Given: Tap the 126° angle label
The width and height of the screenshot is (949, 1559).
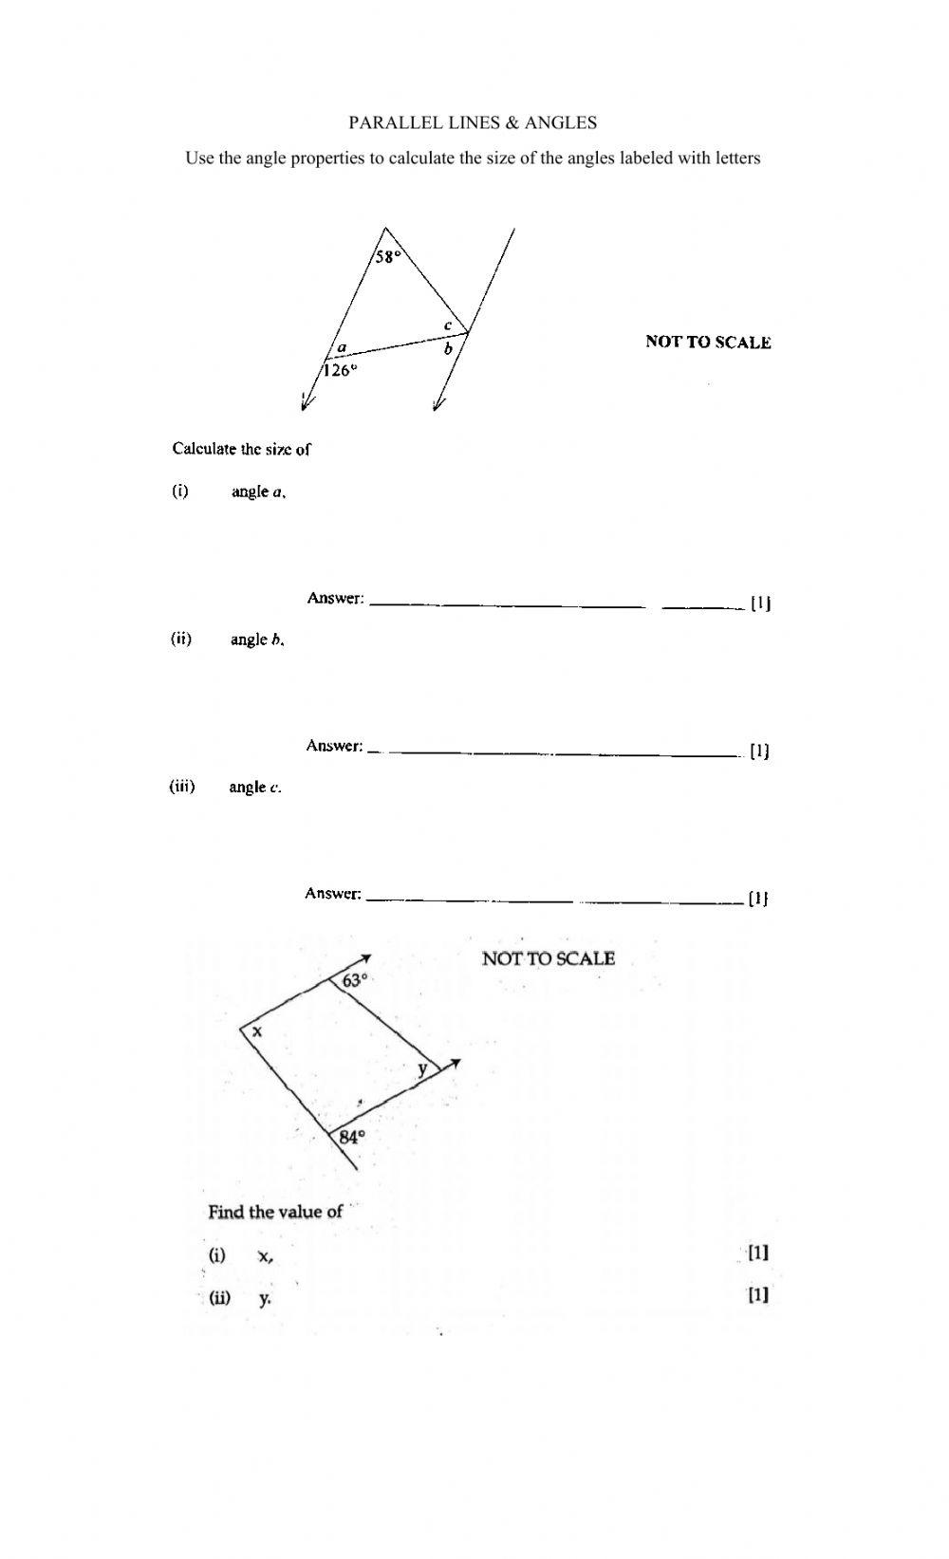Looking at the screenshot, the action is pos(340,371).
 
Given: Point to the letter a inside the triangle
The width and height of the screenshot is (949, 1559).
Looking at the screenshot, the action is pos(342,348).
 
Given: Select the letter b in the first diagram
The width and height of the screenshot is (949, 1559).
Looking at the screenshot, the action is pos(449,350).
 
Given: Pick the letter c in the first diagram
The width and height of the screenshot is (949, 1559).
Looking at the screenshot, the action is pos(448,325).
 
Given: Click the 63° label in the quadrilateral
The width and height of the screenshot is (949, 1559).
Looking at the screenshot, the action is pos(354,980).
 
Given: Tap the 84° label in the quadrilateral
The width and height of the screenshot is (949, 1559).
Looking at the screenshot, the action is pos(351,1136).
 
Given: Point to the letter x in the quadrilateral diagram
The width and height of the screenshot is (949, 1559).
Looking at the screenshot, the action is pos(257,1031).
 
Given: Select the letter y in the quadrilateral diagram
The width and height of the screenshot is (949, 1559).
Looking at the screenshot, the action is pos(422,1069).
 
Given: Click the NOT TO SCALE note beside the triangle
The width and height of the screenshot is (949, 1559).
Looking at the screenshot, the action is pos(708,343).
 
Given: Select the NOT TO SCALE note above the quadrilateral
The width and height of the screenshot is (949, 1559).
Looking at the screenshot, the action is pos(549,958).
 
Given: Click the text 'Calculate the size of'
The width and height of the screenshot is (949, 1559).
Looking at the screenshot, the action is pos(241,449).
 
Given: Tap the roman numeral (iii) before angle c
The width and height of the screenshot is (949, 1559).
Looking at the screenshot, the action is pos(182,786).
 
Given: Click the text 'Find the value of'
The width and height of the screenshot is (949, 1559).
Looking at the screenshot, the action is pos(275,1212).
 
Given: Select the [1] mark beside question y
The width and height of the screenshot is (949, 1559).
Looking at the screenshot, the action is pos(757,1295).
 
